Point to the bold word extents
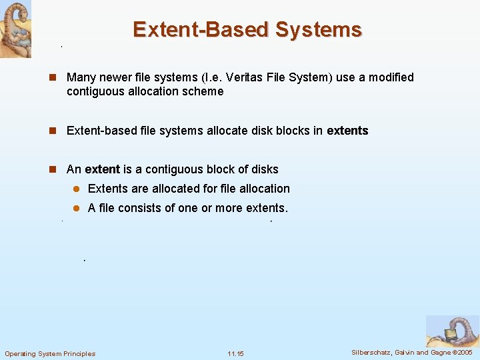click(x=347, y=131)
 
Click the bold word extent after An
click(x=103, y=169)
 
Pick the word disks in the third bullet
click(x=265, y=169)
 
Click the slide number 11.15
click(x=236, y=353)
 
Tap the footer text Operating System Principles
click(x=50, y=353)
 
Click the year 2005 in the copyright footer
click(x=465, y=352)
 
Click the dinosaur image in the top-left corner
click(x=15, y=29)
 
